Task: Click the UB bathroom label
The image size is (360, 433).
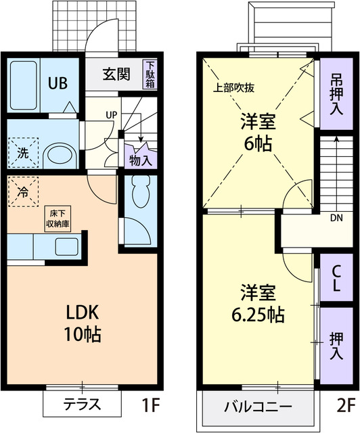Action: click(57, 84)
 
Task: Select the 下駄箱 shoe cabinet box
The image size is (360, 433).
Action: click(149, 74)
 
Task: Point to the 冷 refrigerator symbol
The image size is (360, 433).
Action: click(23, 192)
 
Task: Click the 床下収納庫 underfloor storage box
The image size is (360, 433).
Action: click(57, 220)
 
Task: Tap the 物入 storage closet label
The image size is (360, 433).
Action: click(139, 160)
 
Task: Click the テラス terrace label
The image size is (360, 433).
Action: click(82, 405)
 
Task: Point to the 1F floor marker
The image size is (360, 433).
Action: click(150, 406)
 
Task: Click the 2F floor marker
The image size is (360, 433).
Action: click(345, 406)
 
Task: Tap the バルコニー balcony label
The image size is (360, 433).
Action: click(258, 407)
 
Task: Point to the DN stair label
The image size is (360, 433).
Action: click(336, 219)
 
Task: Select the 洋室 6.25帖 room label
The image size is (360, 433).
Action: click(254, 305)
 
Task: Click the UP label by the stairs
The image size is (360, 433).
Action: click(110, 114)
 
